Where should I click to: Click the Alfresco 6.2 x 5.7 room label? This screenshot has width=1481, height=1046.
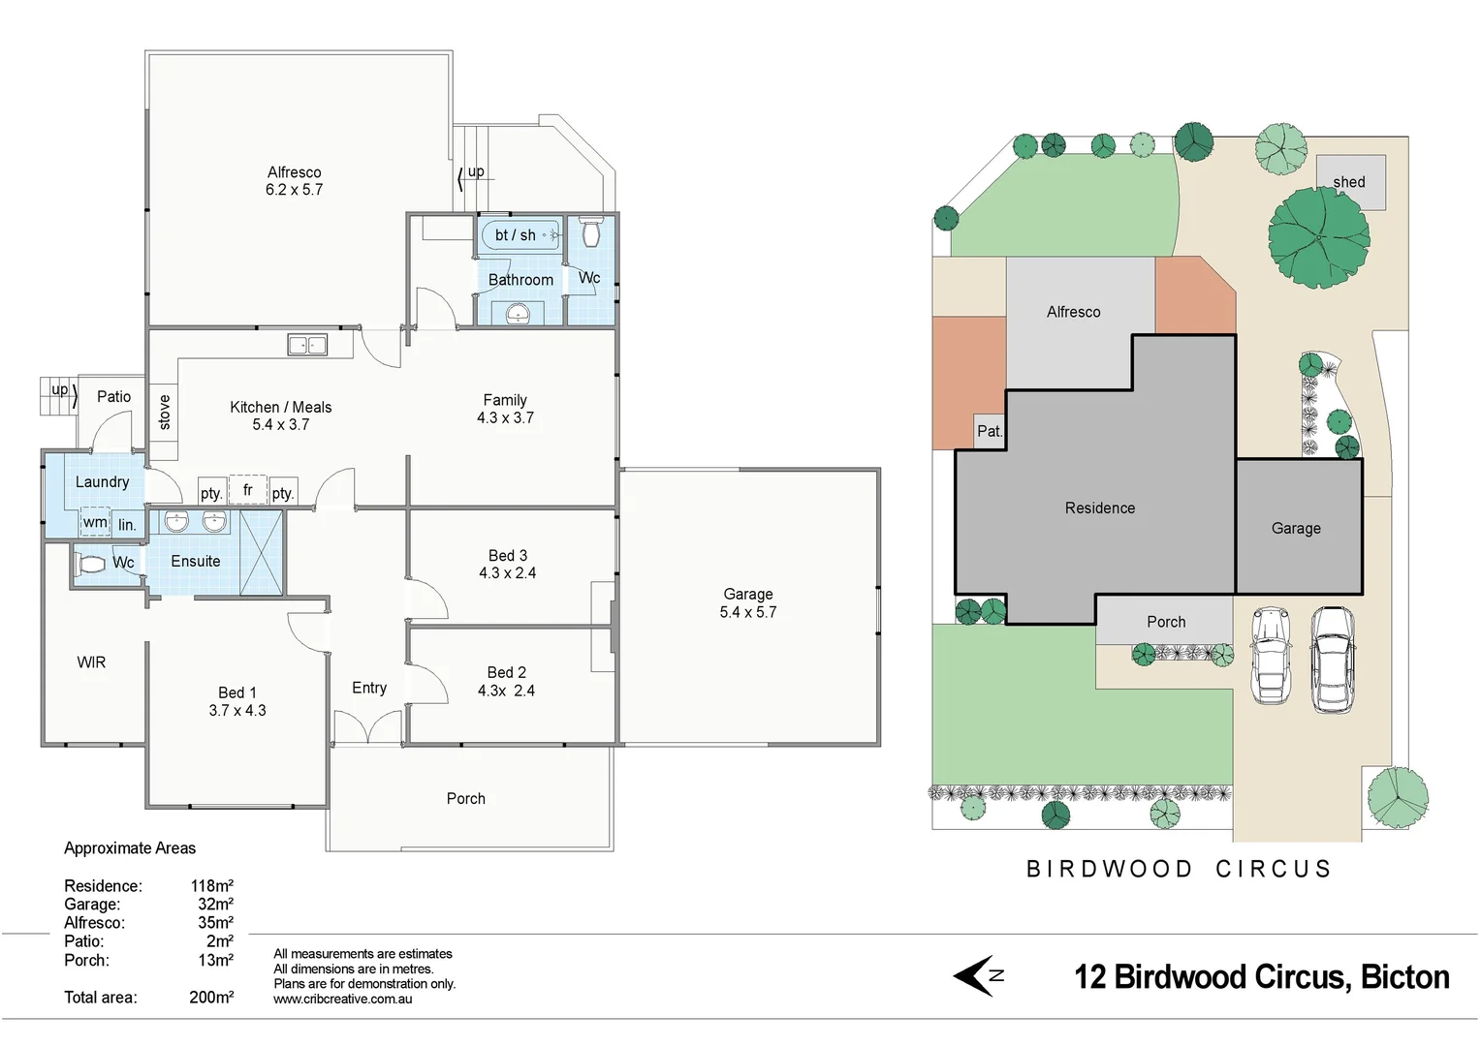tap(294, 181)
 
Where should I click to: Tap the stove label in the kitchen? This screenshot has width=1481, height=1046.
tap(165, 412)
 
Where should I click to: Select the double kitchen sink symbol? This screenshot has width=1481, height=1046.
tap(307, 345)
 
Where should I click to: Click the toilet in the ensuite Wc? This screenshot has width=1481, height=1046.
tap(91, 564)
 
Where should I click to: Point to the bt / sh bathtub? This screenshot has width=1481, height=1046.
tap(520, 235)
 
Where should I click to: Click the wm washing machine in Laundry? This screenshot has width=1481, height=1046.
tap(95, 522)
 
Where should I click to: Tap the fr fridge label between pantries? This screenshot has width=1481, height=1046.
tap(248, 490)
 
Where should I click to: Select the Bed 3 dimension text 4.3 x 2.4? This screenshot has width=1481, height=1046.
tap(507, 573)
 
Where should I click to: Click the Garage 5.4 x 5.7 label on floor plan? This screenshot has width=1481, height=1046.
tap(748, 603)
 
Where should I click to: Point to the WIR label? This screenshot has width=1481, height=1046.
tap(91, 662)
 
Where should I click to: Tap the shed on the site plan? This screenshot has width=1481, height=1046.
tap(1351, 181)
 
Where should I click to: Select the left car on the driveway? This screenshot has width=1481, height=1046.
tap(1271, 655)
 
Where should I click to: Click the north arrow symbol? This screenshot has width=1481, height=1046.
tap(977, 975)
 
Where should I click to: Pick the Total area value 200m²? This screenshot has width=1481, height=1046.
tap(211, 998)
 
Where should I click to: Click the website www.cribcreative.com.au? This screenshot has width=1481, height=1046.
tap(342, 1000)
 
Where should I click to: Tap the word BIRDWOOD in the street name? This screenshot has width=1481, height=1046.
tap(1110, 869)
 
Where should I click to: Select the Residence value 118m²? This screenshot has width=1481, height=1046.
tap(211, 886)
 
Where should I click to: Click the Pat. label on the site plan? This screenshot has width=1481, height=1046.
tap(990, 431)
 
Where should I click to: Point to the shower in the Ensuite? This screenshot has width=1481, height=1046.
tap(261, 552)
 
